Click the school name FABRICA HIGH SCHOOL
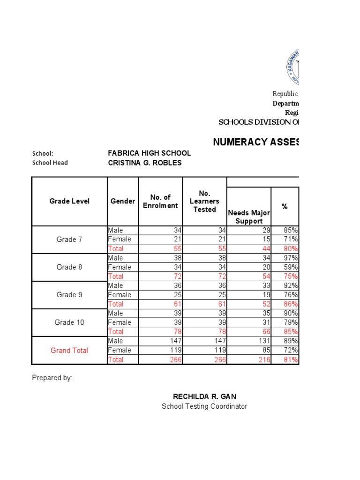pyautogui.click(x=149, y=153)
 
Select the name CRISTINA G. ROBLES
pyautogui.click(x=144, y=163)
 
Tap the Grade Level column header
pyautogui.click(x=69, y=201)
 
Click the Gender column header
pyautogui.click(x=123, y=201)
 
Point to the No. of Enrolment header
pyautogui.click(x=160, y=201)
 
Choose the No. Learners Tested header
pyautogui.click(x=204, y=201)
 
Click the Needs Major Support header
pyautogui.click(x=248, y=217)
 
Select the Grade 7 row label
pyautogui.click(x=69, y=240)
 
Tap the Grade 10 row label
pyautogui.click(x=69, y=322)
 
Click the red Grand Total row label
pyautogui.click(x=69, y=350)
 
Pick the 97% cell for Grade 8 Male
pyautogui.click(x=291, y=258)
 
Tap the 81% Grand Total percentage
pyautogui.click(x=291, y=360)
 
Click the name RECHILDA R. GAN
pyautogui.click(x=204, y=397)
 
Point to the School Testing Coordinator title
pyautogui.click(x=204, y=406)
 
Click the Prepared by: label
pyautogui.click(x=52, y=378)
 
